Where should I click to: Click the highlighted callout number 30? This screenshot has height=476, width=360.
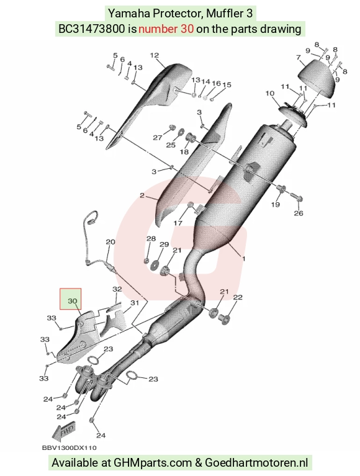click(x=72, y=301)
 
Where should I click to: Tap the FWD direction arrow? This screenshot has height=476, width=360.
click(x=64, y=431)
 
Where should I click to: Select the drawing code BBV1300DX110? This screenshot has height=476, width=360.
click(x=70, y=448)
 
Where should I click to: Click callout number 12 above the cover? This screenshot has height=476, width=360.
click(x=155, y=55)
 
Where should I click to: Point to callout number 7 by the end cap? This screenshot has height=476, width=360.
click(x=299, y=57)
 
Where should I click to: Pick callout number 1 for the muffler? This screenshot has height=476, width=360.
click(x=243, y=259)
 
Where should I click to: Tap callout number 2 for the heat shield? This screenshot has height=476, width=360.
click(x=142, y=196)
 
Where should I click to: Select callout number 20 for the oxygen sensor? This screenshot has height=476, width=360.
click(x=110, y=242)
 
